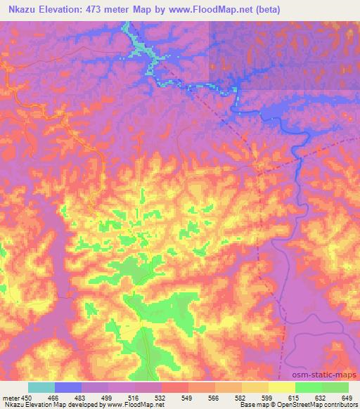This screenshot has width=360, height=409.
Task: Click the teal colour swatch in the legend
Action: point(41,387)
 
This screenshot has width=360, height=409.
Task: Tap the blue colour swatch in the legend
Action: point(68,387)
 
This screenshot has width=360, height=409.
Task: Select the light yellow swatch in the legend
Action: point(282,387)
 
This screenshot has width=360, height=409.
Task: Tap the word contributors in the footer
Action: point(341,405)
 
